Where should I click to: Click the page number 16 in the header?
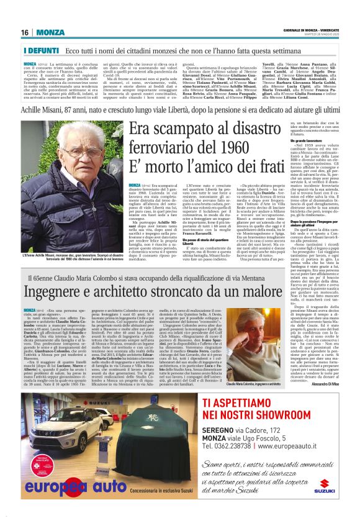point(25,33)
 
